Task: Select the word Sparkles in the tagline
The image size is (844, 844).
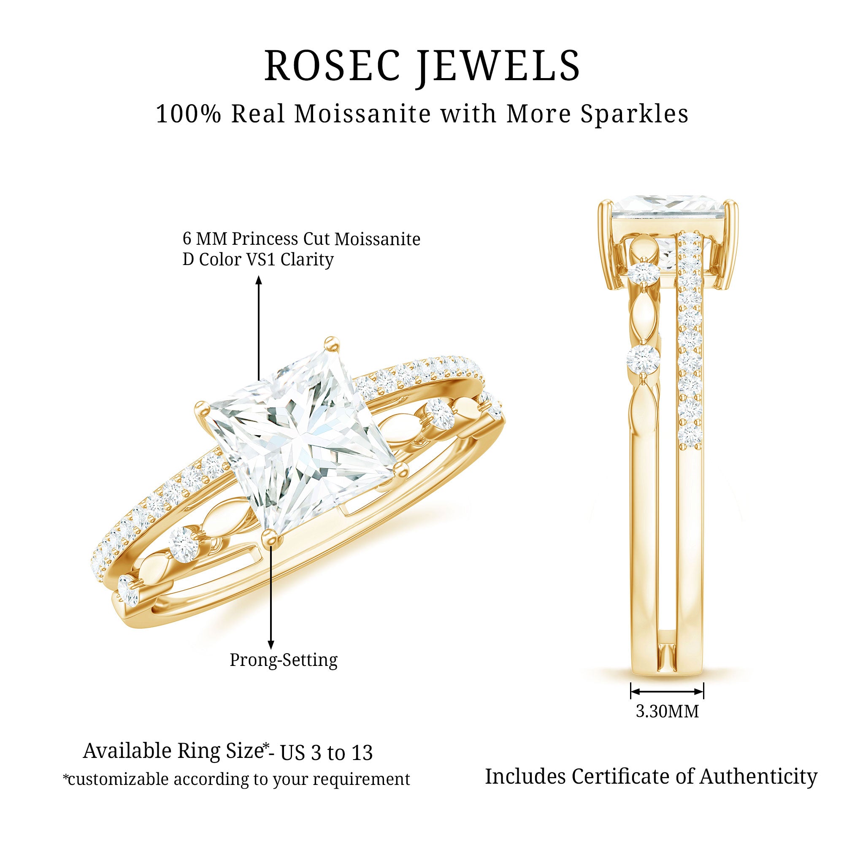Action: pos(634,114)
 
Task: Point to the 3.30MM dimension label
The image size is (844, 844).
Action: pos(667,711)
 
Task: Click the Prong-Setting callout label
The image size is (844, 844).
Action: pos(284,660)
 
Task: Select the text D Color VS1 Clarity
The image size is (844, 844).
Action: pos(258,260)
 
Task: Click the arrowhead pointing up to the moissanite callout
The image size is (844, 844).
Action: pos(259,280)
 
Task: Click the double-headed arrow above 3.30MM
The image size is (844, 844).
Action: pos(667,691)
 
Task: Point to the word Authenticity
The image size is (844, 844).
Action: pos(758,776)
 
